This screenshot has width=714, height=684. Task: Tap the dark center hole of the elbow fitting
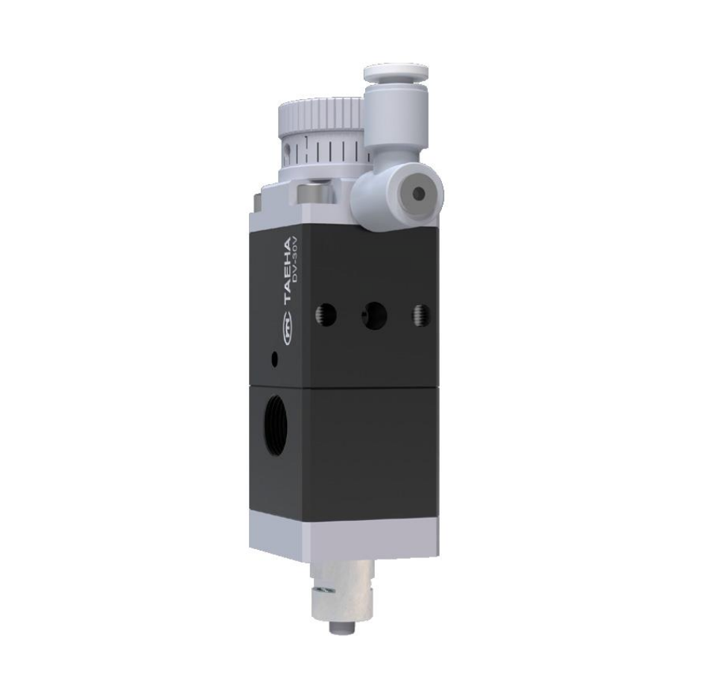pyautogui.click(x=419, y=194)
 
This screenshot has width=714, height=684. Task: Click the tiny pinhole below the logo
pyautogui.click(x=275, y=359)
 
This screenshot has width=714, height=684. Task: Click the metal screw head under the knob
pyautogui.click(x=312, y=194)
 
